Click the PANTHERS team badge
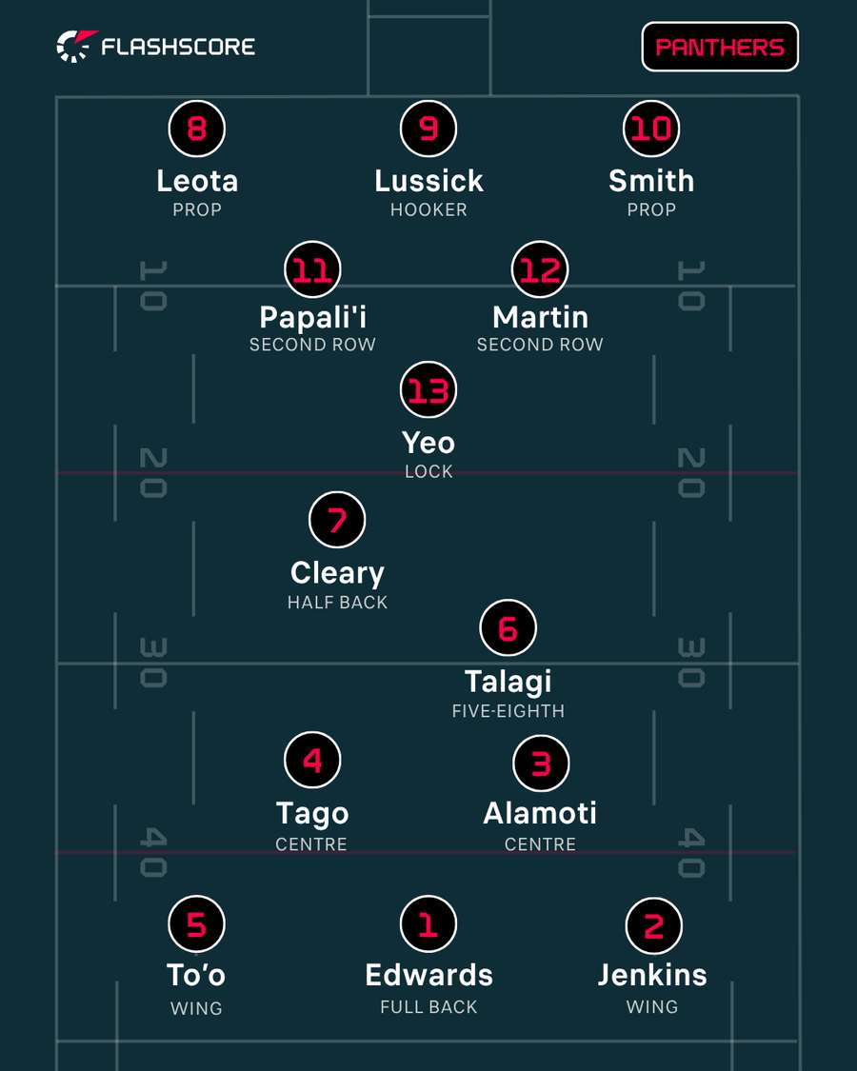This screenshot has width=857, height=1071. [720, 47]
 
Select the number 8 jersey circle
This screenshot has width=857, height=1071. [197, 129]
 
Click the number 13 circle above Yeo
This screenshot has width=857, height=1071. [428, 390]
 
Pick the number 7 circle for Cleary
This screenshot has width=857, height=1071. [337, 520]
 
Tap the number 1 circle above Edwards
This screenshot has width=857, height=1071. [428, 924]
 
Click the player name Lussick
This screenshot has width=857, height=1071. [428, 181]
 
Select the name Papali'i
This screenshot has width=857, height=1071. [313, 318]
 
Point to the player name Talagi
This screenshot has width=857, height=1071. [508, 682]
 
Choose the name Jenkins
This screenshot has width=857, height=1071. [652, 975]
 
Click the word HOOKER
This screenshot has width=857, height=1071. [428, 209]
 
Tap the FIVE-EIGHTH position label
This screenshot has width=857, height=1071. [508, 711]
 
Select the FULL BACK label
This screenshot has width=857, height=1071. [428, 1007]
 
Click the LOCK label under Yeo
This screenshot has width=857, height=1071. [428, 471]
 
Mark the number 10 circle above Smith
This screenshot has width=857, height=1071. [651, 129]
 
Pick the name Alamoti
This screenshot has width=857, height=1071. [540, 814]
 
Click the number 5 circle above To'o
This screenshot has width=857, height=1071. [197, 924]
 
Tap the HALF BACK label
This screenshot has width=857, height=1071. [337, 603]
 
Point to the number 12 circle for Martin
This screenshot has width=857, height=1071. [540, 269]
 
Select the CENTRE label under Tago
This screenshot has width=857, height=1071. [311, 844]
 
